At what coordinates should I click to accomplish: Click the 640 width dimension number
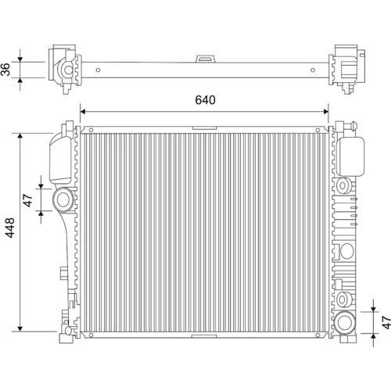pos(205,100)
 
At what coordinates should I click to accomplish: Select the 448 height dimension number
pos(10,228)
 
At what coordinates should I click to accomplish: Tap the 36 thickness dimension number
pos(5,70)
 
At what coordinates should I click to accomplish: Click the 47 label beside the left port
pos(28,200)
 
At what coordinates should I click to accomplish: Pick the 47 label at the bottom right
pos(386,322)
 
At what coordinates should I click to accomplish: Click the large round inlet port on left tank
pos(63,199)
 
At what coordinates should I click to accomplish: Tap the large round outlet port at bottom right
pos(345,322)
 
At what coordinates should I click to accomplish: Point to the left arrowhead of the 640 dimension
pos(83,112)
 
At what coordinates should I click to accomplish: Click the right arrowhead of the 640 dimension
pos(325,112)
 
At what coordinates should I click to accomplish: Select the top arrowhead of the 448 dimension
pos(20,136)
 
